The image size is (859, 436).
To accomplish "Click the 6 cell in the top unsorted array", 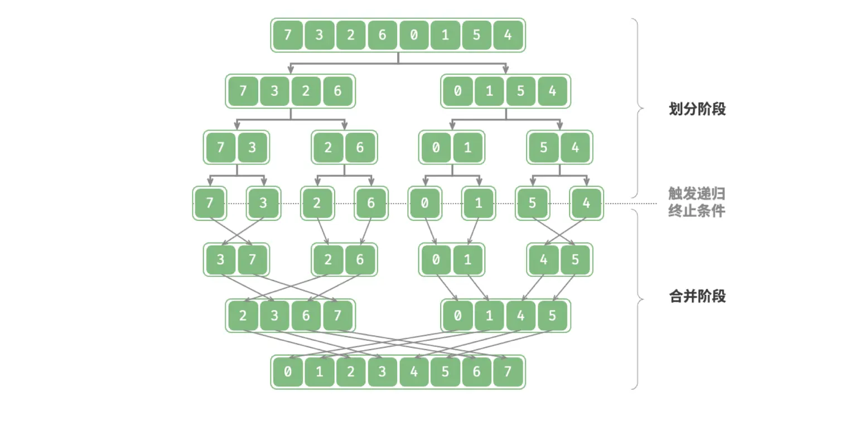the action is coord(382,35).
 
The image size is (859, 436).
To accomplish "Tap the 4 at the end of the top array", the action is coord(508,35).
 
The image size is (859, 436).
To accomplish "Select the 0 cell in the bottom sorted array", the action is coord(288,371).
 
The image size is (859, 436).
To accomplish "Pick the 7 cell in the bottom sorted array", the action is coord(508,371).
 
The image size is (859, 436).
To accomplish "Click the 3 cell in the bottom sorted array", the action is coord(382,371).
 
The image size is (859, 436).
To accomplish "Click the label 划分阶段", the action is coord(697,109).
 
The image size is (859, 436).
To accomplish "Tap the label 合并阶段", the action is coord(697,296).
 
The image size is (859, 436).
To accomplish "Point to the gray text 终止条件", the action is coord(696,211).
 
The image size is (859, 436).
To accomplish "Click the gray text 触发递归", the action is coord(696,193).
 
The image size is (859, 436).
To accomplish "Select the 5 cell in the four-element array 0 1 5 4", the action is coord(521,91).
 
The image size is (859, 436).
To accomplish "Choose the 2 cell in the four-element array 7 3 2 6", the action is coord(306,91).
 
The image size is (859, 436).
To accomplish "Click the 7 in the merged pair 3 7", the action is coord(252,260).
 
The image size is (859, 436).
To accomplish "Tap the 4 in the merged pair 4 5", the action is coord(544,260).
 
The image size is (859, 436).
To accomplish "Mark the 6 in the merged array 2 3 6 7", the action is coord(306,316).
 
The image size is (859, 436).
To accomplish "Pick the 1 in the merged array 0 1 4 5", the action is coord(489,316).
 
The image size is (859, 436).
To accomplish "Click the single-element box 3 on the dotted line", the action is coord(263,204).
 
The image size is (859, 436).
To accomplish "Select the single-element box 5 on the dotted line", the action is coord(533,204).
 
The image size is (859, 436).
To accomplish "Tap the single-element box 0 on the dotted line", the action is coord(425,204).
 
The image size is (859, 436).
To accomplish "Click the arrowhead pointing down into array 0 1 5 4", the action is coord(506,69).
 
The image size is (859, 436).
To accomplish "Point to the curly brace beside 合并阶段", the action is coord(638,299).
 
